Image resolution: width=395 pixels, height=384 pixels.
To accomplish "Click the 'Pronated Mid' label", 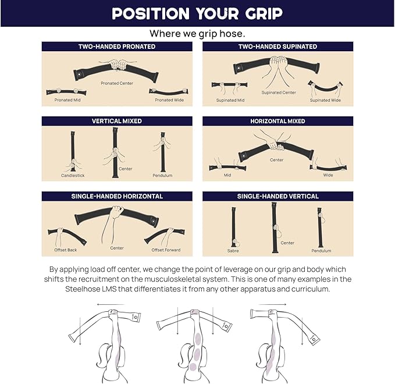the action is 67,100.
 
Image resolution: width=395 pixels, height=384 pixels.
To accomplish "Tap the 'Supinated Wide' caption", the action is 325,100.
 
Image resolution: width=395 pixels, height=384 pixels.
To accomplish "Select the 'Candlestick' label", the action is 73,175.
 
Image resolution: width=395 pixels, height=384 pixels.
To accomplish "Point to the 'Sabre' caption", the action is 233,251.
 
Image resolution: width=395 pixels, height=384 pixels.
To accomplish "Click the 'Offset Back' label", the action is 66,250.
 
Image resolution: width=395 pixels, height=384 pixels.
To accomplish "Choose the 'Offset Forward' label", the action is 166,250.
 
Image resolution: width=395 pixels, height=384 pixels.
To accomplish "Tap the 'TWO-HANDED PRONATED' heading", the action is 117,47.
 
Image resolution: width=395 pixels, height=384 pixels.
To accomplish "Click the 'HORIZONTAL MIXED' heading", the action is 277,121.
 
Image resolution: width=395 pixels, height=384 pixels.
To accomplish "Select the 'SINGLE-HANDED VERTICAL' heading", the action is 277,196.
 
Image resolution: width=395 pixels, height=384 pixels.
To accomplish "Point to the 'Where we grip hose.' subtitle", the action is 197,34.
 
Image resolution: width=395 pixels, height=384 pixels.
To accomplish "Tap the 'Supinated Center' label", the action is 279,93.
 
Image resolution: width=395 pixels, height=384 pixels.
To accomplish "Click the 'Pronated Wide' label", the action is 169,100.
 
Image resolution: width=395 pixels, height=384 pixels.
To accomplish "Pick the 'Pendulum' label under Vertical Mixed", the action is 162,175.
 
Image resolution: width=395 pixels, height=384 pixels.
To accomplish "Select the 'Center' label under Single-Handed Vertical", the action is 287,243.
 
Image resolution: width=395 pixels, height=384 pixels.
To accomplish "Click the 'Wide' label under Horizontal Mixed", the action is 328,175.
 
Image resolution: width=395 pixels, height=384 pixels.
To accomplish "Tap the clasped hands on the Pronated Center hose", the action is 119,65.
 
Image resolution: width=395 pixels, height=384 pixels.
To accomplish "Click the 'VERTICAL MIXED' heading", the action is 117,121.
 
